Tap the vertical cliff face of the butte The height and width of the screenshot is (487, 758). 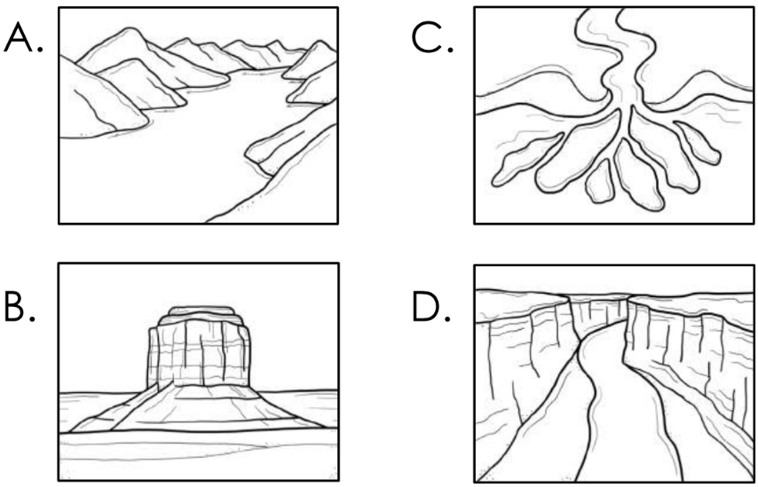click(199, 355)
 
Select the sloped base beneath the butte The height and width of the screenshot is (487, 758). click(198, 407)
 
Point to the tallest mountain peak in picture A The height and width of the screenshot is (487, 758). click(129, 30)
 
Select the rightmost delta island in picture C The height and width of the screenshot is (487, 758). click(697, 143)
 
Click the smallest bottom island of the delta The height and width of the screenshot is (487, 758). click(600, 181)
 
